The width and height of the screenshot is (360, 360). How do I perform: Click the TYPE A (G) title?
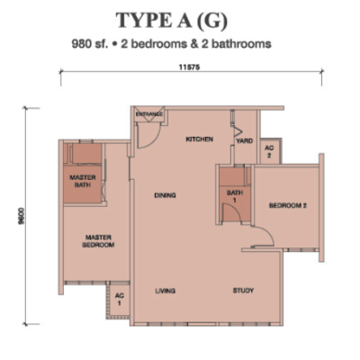(172, 21)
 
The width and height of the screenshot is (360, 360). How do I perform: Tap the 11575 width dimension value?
(189, 67)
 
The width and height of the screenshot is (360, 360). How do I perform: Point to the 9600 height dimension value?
(21, 216)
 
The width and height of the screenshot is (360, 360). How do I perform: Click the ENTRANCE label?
(149, 114)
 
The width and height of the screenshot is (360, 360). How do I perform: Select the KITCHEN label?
(200, 139)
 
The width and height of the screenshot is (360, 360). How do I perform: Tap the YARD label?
(244, 140)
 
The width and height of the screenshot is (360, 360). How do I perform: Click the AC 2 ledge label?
(269, 152)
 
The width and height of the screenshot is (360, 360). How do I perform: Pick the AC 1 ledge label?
(120, 300)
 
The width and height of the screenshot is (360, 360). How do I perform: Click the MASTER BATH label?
(83, 181)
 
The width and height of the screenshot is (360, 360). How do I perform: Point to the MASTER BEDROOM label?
(98, 241)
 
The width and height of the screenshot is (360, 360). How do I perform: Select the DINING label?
(165, 195)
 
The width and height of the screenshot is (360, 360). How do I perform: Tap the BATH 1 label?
(235, 196)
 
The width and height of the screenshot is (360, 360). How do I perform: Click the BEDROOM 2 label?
(288, 206)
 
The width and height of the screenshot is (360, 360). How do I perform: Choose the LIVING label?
(166, 291)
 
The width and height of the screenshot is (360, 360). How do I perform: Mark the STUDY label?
(243, 291)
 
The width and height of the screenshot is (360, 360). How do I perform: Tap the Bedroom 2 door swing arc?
(267, 232)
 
